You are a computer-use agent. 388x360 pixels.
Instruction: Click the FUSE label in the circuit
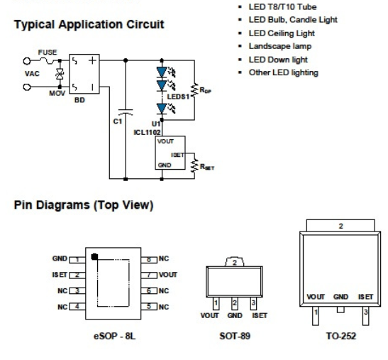click(48, 53)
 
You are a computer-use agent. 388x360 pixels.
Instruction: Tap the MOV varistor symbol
click(60, 74)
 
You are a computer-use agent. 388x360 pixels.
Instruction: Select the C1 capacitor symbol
click(126, 112)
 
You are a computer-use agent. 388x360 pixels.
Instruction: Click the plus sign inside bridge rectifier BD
click(92, 60)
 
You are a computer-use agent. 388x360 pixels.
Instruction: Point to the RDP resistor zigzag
click(195, 90)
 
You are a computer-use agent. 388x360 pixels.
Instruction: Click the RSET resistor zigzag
click(195, 165)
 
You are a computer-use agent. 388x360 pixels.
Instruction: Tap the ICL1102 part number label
click(148, 133)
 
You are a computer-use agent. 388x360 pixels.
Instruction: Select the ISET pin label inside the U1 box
click(177, 155)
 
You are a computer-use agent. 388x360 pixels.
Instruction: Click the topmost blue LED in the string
click(162, 72)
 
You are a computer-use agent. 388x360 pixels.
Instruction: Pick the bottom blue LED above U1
click(162, 109)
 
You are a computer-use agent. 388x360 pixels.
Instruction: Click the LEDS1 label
click(178, 97)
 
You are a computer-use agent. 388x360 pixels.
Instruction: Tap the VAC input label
click(32, 74)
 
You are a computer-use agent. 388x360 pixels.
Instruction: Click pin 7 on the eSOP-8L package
click(149, 275)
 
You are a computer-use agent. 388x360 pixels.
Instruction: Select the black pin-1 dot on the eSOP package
click(94, 256)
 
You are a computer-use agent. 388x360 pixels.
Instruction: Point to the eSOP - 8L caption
click(115, 337)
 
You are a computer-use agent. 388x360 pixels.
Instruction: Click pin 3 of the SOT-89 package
click(253, 302)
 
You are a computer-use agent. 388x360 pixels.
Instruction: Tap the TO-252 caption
click(341, 337)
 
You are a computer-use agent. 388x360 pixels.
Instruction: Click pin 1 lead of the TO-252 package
click(316, 316)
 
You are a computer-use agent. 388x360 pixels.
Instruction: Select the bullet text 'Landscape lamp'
click(280, 46)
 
